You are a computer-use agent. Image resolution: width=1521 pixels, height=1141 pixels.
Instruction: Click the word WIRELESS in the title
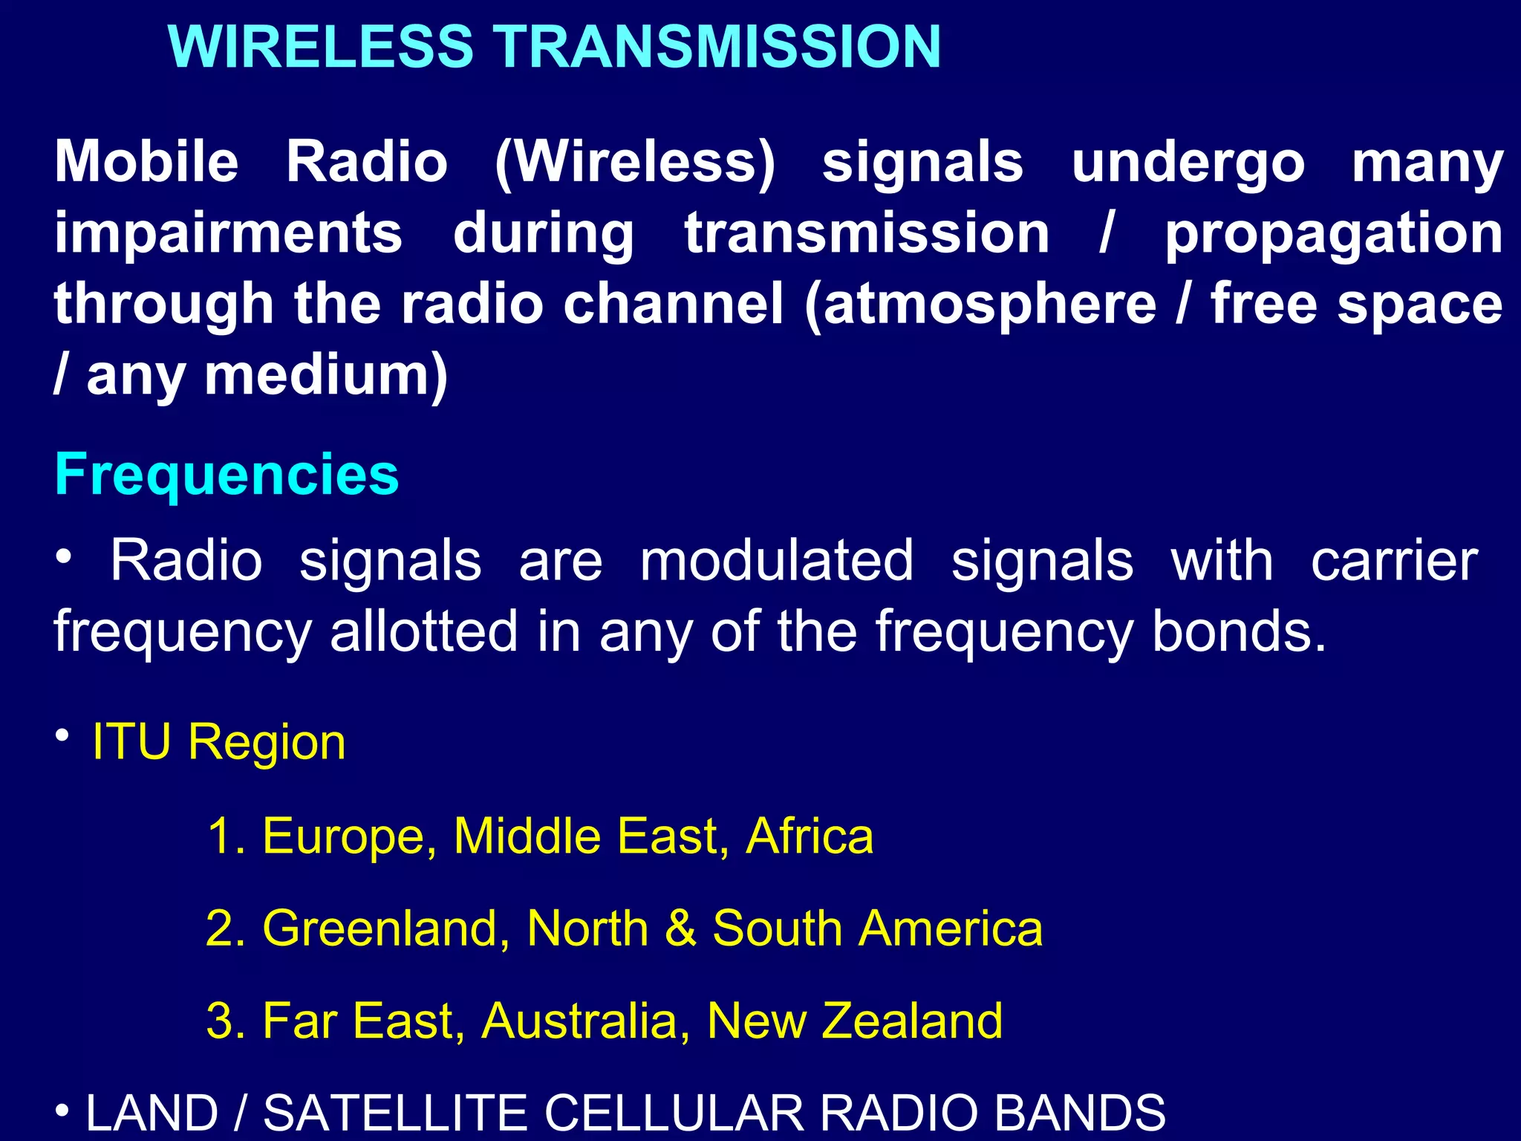(321, 47)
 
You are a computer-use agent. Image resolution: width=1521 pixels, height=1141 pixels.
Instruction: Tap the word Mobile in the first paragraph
(146, 162)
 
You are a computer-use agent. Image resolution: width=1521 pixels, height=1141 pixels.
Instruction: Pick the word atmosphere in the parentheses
(991, 305)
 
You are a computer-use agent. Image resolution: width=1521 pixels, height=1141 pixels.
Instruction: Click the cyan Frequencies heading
(227, 475)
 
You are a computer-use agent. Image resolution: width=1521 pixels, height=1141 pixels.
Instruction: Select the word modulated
(776, 561)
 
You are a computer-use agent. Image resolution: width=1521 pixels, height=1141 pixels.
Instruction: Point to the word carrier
(1394, 561)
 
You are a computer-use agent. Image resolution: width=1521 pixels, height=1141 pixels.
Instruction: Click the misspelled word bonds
(1237, 631)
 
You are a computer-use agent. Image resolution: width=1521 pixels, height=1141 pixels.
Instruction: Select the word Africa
(810, 836)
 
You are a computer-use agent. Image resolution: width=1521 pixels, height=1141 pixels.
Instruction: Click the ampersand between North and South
(680, 929)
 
